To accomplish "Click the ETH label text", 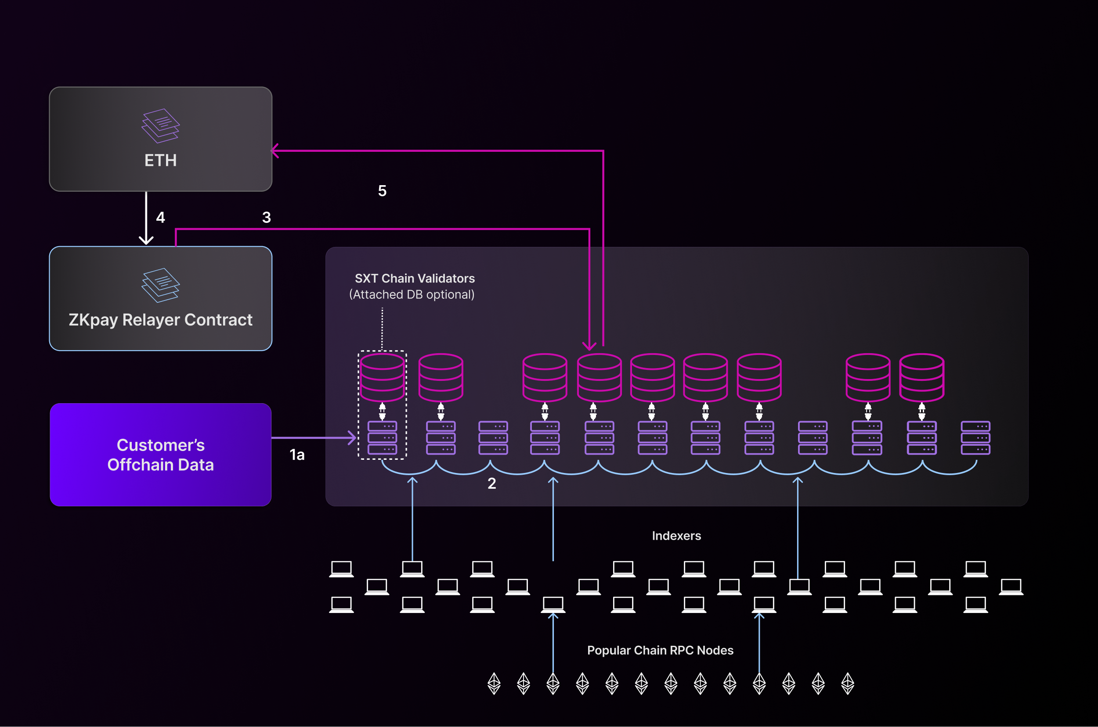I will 161,161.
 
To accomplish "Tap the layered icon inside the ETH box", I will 161,125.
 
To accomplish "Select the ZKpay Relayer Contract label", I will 161,320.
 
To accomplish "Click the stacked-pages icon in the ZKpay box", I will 161,285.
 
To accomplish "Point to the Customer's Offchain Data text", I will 161,455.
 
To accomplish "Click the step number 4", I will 161,218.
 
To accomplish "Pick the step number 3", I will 267,218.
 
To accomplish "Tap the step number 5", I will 382,191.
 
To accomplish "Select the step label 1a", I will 297,455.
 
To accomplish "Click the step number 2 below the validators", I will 492,483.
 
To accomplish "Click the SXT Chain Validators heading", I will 415,279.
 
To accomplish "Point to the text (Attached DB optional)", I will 412,295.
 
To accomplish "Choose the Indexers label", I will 676,536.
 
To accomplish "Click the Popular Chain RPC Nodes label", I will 660,651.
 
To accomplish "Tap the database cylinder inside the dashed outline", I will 383,377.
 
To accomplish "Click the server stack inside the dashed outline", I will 383,438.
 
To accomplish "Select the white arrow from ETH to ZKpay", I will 146,218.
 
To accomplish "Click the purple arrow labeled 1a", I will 313,437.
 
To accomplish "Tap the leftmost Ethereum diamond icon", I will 494,684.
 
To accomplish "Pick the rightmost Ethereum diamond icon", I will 848,684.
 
